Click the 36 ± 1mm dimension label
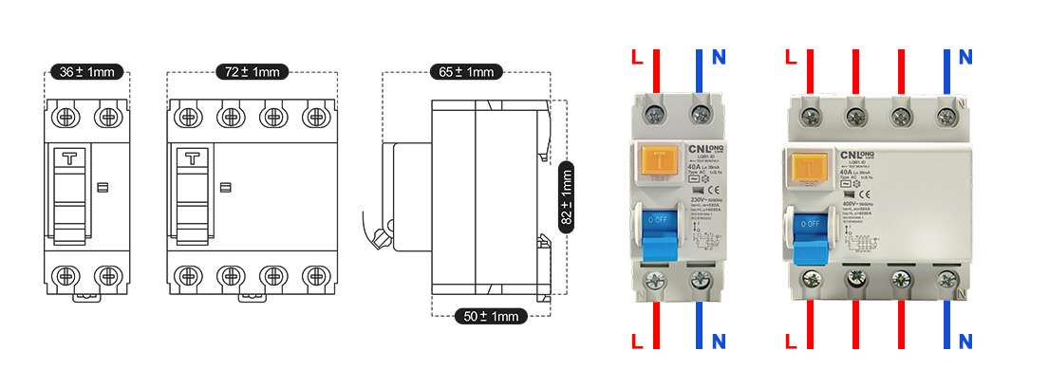click(x=86, y=72)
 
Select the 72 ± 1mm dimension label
click(x=252, y=72)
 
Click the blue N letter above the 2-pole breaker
click(x=719, y=58)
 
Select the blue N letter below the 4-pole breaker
click(x=965, y=341)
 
